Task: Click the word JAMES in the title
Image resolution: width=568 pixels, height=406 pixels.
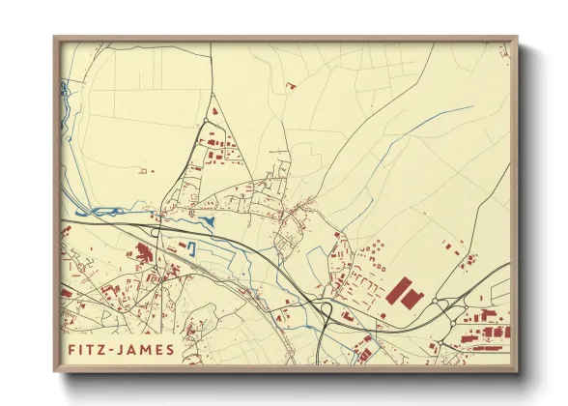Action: point(146,349)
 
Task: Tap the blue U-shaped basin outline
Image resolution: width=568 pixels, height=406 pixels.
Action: point(191,248)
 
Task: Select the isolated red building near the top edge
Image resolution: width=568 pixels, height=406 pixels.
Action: point(290,86)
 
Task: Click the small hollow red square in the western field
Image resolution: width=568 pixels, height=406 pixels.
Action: point(144,171)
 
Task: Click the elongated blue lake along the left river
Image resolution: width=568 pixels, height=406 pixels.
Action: point(97,208)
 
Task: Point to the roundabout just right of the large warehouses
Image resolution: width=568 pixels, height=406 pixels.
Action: point(441,303)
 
